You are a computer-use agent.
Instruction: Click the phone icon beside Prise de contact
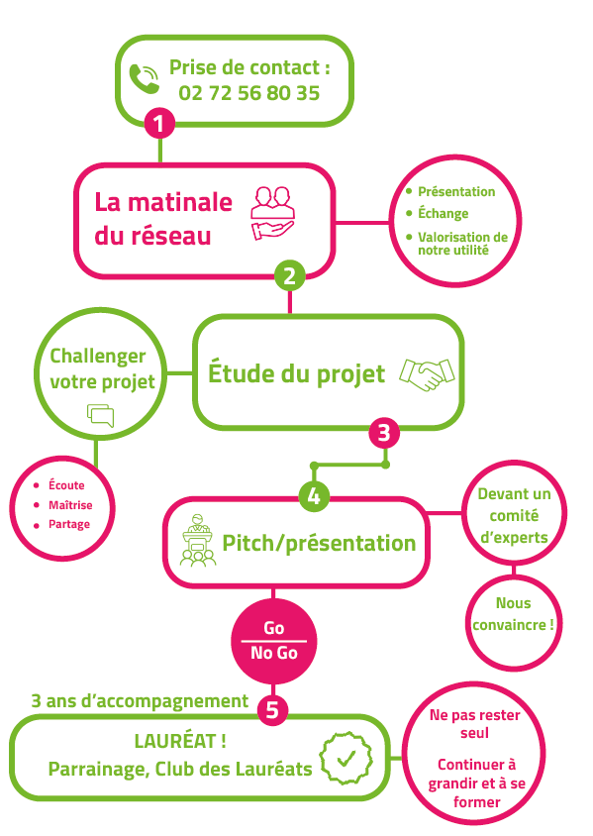(144, 79)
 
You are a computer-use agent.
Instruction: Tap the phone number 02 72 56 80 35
(248, 93)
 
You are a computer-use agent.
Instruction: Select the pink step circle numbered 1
(159, 123)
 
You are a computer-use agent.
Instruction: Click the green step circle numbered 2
(289, 275)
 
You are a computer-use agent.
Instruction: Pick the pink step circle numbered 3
(384, 433)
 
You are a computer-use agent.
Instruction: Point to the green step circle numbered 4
(314, 496)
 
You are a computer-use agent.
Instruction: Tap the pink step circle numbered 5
(272, 709)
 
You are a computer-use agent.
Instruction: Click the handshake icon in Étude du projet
(428, 374)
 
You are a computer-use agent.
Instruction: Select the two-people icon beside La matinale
(273, 213)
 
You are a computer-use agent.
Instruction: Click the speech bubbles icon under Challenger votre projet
(101, 415)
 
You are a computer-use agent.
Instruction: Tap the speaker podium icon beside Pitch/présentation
(198, 540)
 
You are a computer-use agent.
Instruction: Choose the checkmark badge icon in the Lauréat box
(346, 758)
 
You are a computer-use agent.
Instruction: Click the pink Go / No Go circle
(274, 641)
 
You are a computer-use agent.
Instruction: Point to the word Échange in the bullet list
(443, 213)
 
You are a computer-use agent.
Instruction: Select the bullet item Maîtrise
(70, 505)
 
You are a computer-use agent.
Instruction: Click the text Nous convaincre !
(513, 614)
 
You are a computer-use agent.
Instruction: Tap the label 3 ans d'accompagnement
(140, 701)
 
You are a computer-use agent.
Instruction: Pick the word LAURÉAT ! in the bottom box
(180, 741)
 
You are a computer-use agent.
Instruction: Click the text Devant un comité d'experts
(514, 516)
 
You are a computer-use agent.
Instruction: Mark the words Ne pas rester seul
(475, 723)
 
